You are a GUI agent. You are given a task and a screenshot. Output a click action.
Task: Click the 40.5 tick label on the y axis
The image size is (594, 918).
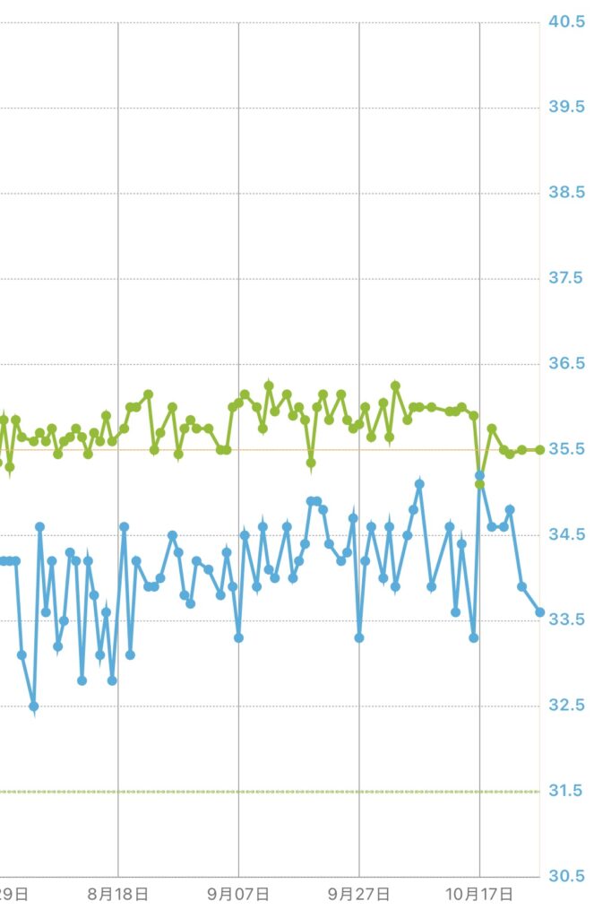(x=566, y=22)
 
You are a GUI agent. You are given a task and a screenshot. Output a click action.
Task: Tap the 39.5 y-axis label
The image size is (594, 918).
(x=566, y=108)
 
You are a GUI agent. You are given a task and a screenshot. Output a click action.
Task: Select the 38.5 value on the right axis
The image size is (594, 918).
(x=566, y=193)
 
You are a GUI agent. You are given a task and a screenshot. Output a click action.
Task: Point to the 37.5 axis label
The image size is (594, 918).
(x=566, y=278)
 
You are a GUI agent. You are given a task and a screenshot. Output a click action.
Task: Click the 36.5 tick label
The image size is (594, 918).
(x=566, y=364)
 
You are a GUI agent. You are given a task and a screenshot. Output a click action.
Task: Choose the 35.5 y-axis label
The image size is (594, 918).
(x=566, y=449)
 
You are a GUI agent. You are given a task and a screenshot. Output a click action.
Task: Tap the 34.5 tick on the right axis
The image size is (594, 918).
(x=566, y=534)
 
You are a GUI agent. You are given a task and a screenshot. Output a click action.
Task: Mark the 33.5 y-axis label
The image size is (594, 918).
(x=566, y=619)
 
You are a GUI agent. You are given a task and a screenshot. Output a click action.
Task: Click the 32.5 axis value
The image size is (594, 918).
(x=566, y=706)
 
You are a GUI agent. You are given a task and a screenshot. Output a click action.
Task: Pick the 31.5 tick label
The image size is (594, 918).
(x=566, y=791)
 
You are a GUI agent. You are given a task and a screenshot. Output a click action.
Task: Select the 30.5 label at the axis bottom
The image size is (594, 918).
(x=566, y=876)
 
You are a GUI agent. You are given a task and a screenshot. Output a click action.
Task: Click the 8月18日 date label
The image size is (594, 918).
(x=118, y=894)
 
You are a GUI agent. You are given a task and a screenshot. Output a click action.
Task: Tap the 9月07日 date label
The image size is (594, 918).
(x=238, y=894)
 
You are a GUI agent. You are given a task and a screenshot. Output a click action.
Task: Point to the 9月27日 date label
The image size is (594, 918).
(x=358, y=894)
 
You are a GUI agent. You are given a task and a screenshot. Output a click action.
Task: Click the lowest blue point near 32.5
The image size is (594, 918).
(x=34, y=706)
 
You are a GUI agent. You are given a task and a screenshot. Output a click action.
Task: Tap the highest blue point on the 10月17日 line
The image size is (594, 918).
(x=479, y=475)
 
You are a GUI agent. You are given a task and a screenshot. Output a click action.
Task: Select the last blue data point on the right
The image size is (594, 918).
(x=539, y=612)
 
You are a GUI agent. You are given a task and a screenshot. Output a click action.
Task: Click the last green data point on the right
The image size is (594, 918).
(x=539, y=449)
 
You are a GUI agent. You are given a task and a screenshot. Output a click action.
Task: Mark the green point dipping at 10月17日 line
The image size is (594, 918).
(x=479, y=484)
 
